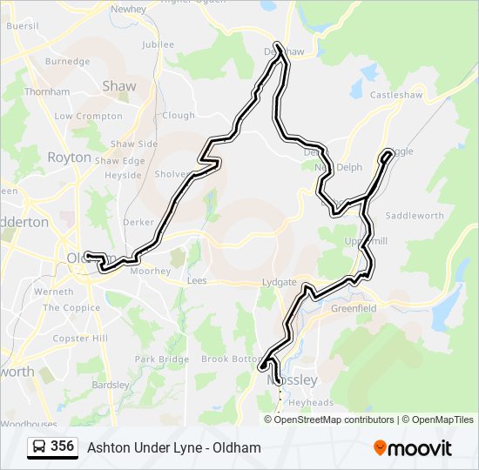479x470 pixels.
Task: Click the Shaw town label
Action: (x=119, y=86)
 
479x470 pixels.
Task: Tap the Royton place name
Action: (x=69, y=158)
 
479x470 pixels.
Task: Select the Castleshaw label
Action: (x=396, y=95)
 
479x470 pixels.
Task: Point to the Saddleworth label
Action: (x=415, y=215)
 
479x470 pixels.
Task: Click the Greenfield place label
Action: (x=354, y=308)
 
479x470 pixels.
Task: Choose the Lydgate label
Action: (x=279, y=283)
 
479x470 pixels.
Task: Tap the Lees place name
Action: (x=198, y=282)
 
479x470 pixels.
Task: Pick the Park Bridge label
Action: (x=162, y=359)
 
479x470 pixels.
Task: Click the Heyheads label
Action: (x=311, y=402)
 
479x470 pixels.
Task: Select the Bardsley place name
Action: (x=111, y=384)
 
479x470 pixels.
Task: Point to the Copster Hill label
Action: (x=79, y=338)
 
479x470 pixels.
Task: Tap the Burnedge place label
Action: (x=67, y=62)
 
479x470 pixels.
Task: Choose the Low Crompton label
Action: (x=88, y=116)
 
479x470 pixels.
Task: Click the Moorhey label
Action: (x=150, y=272)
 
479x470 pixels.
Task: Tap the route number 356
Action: (x=62, y=446)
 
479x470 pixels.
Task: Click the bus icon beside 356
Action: (x=39, y=447)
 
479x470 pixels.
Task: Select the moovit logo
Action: (x=413, y=447)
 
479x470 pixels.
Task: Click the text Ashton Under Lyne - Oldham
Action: (x=174, y=447)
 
